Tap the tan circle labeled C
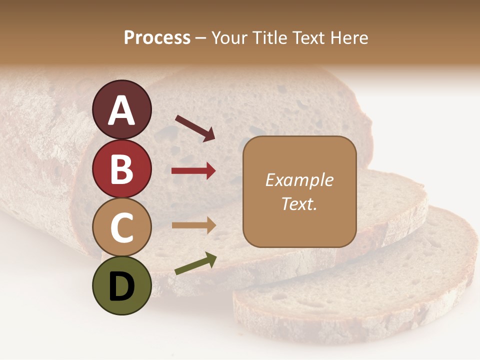pyautogui.click(x=122, y=227)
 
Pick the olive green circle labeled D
pyautogui.click(x=122, y=285)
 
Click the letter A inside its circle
pyautogui.click(x=122, y=111)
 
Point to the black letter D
pyautogui.click(x=122, y=286)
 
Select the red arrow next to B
pyautogui.click(x=193, y=171)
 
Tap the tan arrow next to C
pyautogui.click(x=193, y=225)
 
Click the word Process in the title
pyautogui.click(x=157, y=38)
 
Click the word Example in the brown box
pyautogui.click(x=299, y=180)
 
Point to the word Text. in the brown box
pyautogui.click(x=299, y=203)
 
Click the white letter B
pyautogui.click(x=122, y=169)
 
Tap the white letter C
pyautogui.click(x=122, y=228)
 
